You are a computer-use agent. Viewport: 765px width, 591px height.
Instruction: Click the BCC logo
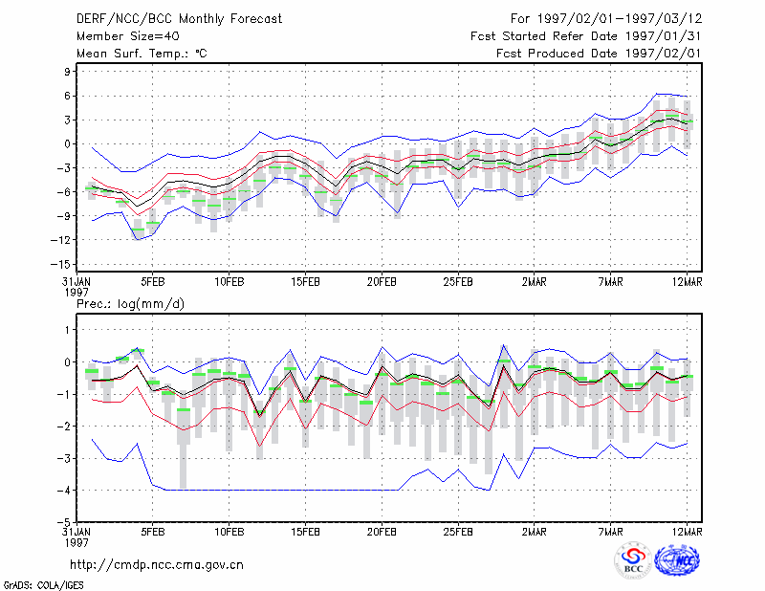[x=633, y=561]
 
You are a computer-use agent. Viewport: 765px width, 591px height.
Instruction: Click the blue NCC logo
[x=677, y=560]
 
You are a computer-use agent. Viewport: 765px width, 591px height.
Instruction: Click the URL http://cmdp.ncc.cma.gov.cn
[x=157, y=565]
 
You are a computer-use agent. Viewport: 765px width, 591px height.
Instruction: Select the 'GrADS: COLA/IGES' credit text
[x=43, y=585]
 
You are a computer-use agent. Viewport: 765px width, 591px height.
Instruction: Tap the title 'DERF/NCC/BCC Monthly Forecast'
[x=179, y=19]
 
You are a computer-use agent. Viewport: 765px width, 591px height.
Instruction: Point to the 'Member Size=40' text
[x=128, y=36]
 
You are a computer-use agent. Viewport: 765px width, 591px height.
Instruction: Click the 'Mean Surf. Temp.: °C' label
[x=142, y=54]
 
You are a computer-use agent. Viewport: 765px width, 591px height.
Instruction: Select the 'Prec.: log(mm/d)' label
[x=130, y=304]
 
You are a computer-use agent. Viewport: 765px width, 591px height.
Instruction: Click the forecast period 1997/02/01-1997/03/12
[x=620, y=19]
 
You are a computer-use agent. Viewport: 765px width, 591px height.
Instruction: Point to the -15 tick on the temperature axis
[x=60, y=264]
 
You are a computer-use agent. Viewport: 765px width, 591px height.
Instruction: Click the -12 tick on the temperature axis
[x=60, y=240]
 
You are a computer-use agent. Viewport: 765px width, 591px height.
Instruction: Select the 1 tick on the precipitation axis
[x=67, y=330]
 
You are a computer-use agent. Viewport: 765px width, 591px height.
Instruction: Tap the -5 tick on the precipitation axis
[x=64, y=522]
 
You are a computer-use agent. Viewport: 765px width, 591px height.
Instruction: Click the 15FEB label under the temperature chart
[x=305, y=282]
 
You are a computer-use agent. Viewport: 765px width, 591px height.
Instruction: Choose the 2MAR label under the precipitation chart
[x=535, y=532]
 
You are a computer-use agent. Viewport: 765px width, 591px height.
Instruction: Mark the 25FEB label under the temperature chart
[x=458, y=282]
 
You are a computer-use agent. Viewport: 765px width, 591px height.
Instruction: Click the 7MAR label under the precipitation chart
[x=610, y=532]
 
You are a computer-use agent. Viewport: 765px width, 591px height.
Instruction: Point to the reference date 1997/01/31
[x=664, y=36]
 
